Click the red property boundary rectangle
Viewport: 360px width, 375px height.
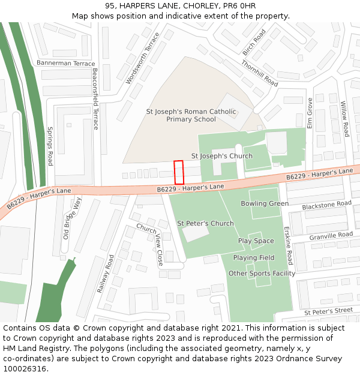178,172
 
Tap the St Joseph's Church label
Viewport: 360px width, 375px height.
221,156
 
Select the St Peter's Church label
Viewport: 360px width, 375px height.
205,224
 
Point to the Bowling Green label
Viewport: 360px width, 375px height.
265,204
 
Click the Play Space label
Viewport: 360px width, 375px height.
256,241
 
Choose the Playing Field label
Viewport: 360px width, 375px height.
254,258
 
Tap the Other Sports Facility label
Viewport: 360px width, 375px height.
262,274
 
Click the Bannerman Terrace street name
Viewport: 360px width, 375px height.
65,63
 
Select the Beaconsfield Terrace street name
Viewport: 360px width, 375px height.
95,98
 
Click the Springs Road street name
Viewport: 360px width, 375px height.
50,146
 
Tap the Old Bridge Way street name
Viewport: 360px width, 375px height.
71,218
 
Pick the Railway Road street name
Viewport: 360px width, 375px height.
106,274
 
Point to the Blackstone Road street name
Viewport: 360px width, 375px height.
326,205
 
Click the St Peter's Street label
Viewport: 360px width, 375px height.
328,311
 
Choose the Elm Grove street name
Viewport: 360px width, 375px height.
310,113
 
